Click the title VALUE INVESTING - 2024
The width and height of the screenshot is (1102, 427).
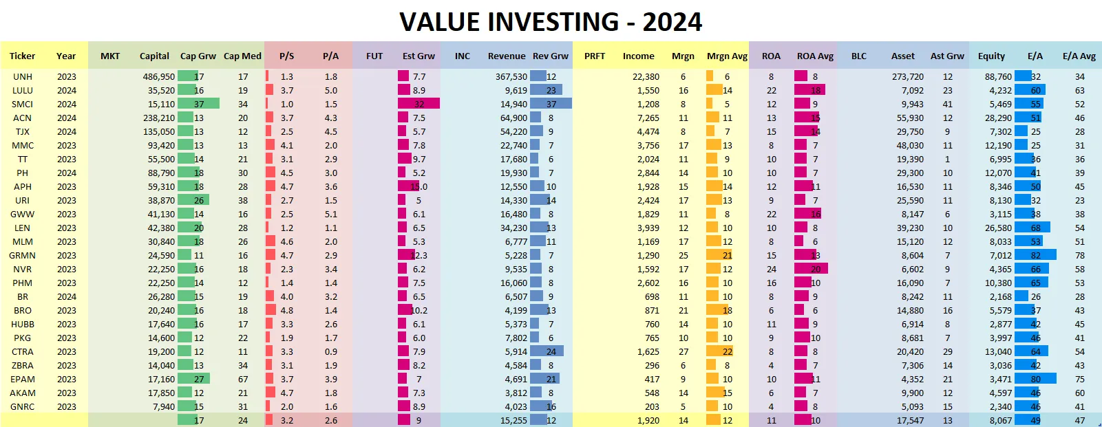(551, 22)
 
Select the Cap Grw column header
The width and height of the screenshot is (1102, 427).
(198, 56)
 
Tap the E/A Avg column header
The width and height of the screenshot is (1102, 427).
(1079, 56)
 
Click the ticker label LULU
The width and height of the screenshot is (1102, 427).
(23, 90)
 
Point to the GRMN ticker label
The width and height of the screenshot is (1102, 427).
(23, 255)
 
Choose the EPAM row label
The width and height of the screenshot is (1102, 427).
(23, 379)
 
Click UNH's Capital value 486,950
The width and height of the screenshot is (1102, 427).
(159, 76)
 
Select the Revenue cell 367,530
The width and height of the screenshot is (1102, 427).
(511, 76)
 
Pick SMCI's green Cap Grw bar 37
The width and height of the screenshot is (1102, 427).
(198, 104)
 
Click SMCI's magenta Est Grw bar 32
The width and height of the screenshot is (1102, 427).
(418, 104)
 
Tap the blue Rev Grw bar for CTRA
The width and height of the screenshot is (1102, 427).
(547, 351)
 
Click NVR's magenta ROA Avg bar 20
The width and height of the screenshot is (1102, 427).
(811, 269)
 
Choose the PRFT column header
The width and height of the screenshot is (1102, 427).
(595, 56)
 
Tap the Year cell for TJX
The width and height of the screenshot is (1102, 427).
(67, 131)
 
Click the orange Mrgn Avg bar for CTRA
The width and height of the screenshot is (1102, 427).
(719, 351)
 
